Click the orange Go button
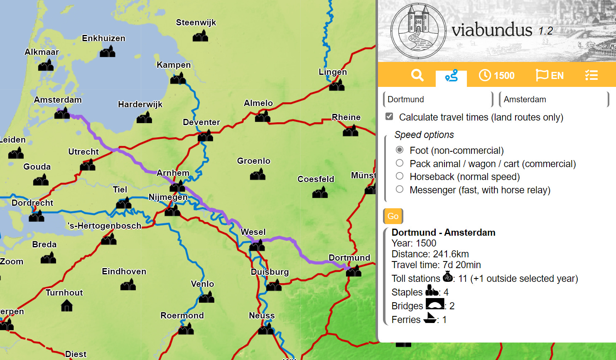[393, 216]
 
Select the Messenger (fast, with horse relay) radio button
[400, 190]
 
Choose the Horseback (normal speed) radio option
[400, 176]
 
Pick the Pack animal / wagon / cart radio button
[400, 163]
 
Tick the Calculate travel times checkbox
[389, 117]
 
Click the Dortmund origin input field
[437, 99]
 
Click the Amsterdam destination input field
[553, 99]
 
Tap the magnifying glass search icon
[417, 75]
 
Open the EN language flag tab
[550, 75]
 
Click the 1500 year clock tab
[496, 75]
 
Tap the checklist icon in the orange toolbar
[591, 75]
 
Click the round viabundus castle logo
[418, 31]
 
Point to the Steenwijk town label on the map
[196, 22]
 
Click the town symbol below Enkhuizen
[108, 52]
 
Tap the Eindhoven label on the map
[124, 271]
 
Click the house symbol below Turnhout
[66, 306]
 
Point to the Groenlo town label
[253, 161]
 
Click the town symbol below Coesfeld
[320, 192]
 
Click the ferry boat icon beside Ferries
[430, 318]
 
